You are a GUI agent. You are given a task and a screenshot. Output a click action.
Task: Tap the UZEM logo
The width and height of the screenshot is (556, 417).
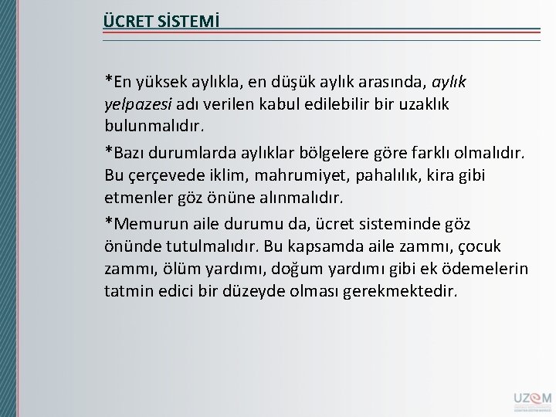pyautogui.click(x=530, y=399)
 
